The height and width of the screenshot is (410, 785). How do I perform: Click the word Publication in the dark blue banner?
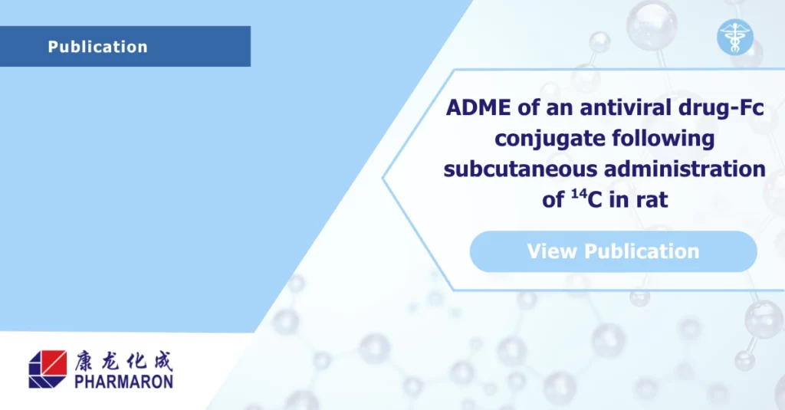(97, 47)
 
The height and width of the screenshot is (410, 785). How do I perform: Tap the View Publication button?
(613, 251)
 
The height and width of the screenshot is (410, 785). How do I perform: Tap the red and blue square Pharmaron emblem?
(48, 369)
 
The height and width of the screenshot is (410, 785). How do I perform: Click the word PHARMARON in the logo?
(123, 381)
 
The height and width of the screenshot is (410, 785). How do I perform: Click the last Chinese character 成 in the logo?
(161, 359)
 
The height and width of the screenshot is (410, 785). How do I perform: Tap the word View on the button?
(553, 251)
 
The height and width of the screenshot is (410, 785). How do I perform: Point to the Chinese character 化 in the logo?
(136, 359)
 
